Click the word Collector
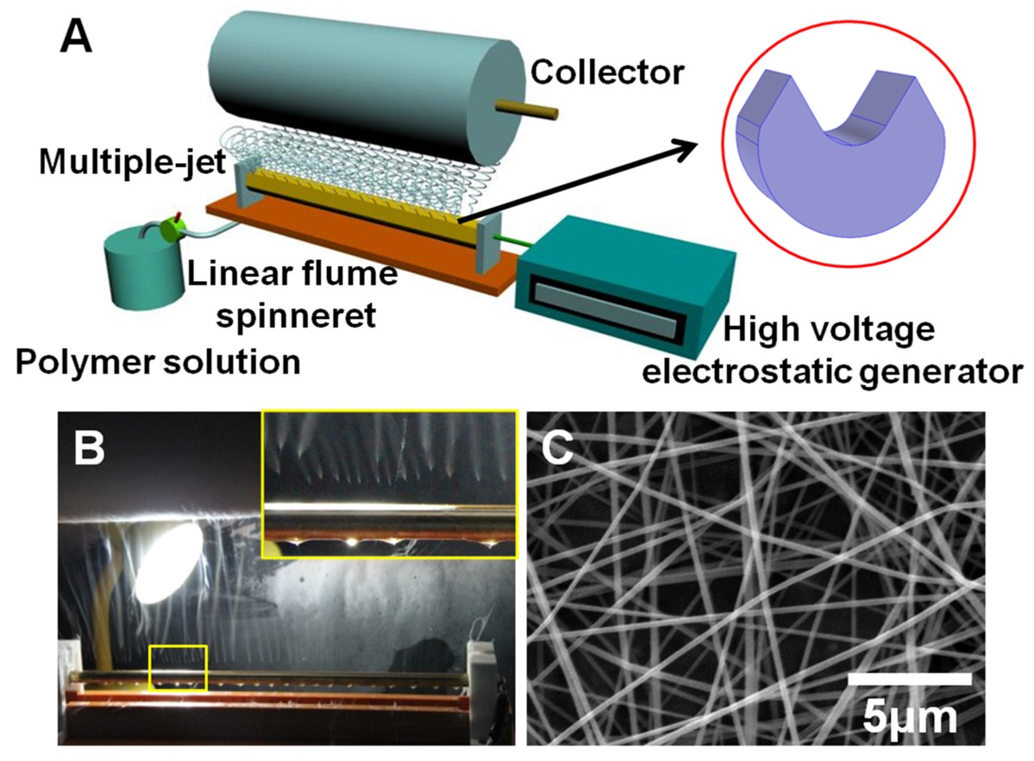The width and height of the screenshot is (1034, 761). pos(606,73)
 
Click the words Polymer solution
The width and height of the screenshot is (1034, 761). pos(157,362)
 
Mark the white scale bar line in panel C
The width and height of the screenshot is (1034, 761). pos(910,679)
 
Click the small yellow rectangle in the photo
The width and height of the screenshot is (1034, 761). pos(178,667)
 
